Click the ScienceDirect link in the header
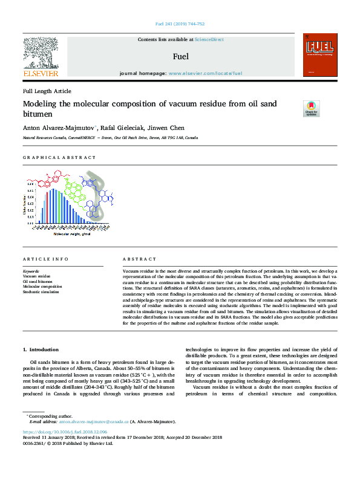(209, 39)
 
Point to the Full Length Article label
(47, 91)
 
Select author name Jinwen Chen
(172, 128)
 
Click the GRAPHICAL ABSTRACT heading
(59, 157)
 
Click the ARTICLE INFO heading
(45, 259)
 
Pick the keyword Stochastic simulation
(41, 292)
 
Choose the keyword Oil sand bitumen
(38, 281)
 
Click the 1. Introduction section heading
(41, 350)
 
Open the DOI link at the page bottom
(65, 432)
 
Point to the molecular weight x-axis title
(71, 233)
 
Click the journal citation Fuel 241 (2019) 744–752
(180, 24)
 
